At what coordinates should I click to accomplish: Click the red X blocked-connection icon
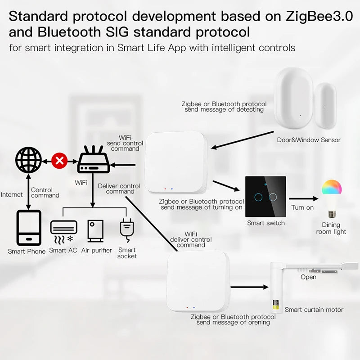click(58, 160)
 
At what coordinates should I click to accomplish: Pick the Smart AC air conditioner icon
click(63, 231)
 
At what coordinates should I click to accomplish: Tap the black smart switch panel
click(265, 196)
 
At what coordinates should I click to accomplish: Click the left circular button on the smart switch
click(258, 197)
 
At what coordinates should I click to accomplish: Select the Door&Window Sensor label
click(309, 140)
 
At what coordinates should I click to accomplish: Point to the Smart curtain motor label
click(314, 310)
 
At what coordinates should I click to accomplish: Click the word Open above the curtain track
click(308, 277)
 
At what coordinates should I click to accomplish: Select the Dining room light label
click(331, 228)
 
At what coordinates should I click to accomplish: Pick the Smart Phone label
click(27, 251)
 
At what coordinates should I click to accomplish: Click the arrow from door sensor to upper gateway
click(243, 139)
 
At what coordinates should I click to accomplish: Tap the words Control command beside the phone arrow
click(45, 193)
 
